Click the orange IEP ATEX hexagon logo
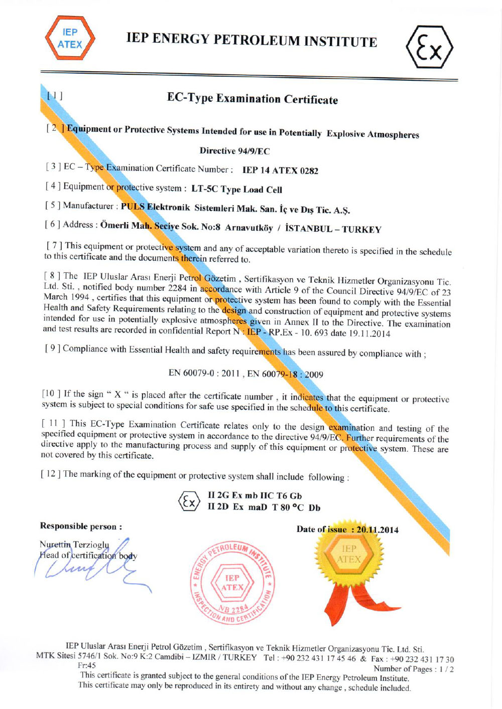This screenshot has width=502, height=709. point(70,38)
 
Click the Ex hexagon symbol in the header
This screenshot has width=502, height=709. point(429,47)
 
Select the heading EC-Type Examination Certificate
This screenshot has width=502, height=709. point(253,98)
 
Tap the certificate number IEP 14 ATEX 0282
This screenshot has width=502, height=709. point(280,170)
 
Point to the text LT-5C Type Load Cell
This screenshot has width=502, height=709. point(236,190)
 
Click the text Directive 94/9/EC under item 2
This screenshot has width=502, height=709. point(234,151)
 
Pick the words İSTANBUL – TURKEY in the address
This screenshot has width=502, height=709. point(333,229)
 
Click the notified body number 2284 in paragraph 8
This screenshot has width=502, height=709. point(177,288)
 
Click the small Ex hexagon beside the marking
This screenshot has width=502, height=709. point(189,501)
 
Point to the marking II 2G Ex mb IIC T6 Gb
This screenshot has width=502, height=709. point(255,495)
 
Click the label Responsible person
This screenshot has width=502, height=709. point(81,526)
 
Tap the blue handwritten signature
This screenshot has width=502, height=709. point(90,564)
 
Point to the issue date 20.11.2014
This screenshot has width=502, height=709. point(378,529)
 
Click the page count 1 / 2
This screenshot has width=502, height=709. point(446,669)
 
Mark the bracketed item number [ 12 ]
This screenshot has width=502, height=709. point(51,474)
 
